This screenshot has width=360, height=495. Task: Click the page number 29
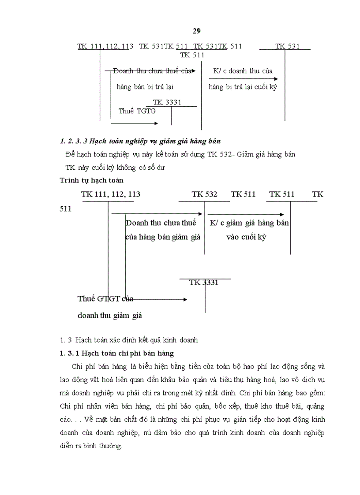[196, 30]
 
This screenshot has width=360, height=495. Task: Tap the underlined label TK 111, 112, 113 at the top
[103, 46]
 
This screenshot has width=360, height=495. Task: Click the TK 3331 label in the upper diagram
[167, 102]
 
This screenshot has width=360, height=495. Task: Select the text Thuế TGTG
[137, 111]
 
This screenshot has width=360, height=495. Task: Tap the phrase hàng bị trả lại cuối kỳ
[243, 87]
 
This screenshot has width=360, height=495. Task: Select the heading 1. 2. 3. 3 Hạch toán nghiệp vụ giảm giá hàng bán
[140, 141]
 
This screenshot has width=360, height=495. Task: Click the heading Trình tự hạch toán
[91, 180]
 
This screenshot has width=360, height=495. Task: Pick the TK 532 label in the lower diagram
[204, 194]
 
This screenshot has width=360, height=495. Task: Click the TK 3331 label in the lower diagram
[204, 283]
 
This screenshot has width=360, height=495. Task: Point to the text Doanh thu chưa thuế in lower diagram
[161, 223]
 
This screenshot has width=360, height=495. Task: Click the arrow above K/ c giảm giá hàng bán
[248, 215]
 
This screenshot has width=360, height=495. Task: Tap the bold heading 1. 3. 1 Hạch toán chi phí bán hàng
[116, 353]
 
